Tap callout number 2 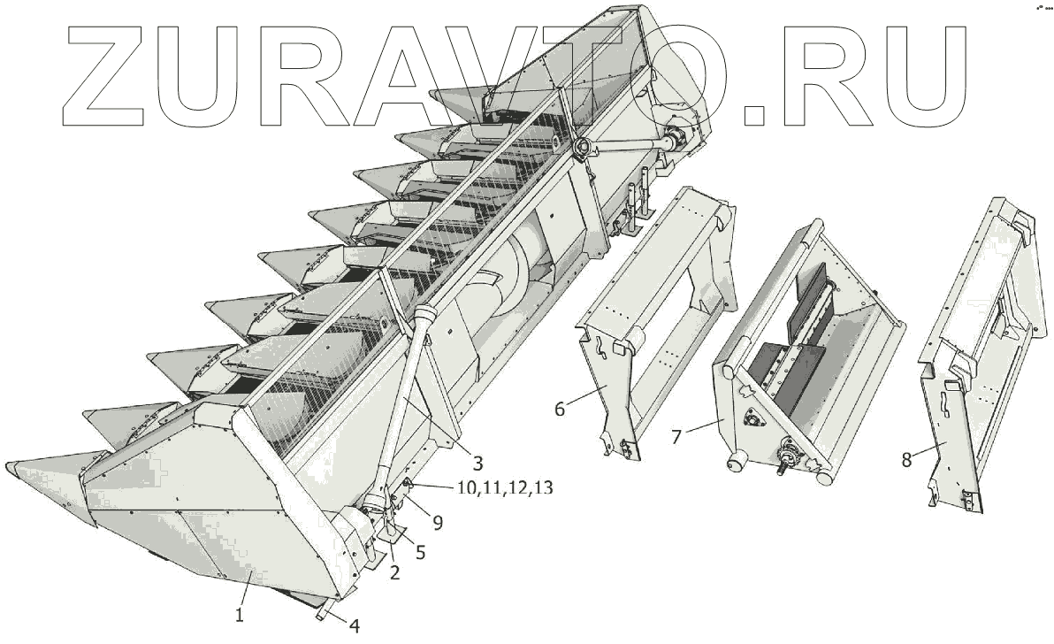coord(394,572)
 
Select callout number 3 coord(477,462)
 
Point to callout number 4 coord(354,625)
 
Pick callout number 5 coord(420,551)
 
